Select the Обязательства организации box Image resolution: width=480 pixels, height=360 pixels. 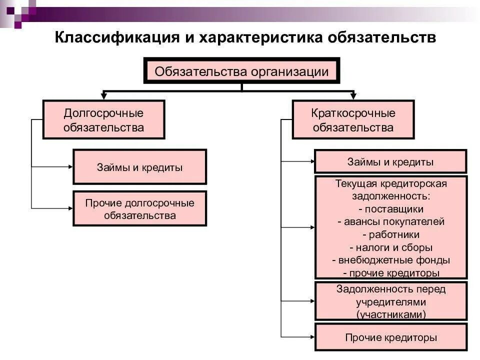242,71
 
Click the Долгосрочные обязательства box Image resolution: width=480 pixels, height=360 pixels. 104,120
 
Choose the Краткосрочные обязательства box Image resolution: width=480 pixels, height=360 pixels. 353,120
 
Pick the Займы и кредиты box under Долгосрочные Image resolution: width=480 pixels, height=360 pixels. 139,167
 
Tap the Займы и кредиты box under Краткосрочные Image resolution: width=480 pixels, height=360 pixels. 390,161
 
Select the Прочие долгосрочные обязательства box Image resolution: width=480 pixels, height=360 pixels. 139,208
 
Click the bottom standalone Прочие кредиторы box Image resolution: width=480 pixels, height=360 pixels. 390,337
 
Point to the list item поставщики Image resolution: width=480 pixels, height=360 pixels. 390,208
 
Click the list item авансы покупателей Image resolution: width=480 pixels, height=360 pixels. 390,221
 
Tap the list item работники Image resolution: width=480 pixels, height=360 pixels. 390,234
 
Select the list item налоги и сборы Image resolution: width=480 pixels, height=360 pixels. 390,247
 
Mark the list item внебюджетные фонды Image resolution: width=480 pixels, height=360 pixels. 390,260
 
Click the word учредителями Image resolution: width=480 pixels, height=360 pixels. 390,302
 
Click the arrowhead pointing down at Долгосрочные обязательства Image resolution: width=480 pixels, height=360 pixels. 104,95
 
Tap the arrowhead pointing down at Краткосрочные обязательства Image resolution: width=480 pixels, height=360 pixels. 353,95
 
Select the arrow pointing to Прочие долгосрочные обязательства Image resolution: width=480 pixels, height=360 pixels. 69,207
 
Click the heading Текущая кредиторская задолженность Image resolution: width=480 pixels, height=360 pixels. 390,189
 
